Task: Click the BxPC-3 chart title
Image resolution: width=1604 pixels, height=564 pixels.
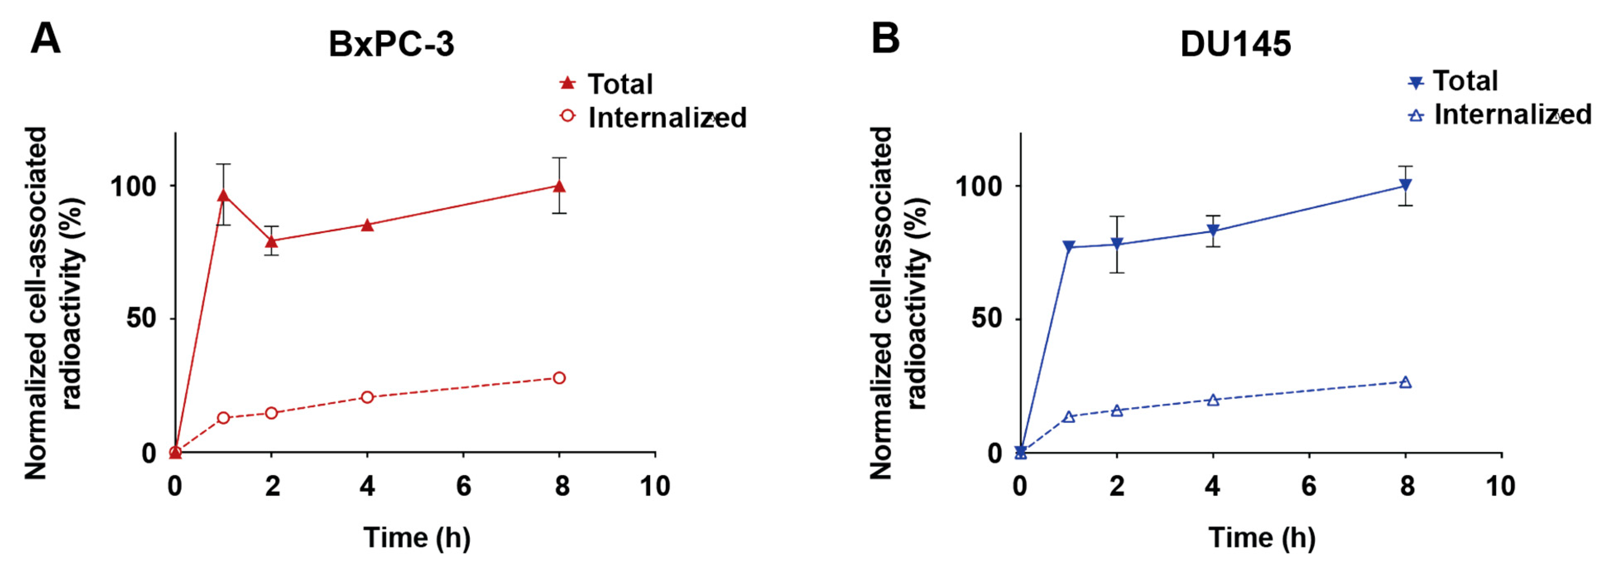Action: [x=391, y=44]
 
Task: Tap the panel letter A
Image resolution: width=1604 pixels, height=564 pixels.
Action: [x=46, y=38]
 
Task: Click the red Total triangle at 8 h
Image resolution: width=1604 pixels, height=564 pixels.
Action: [x=559, y=186]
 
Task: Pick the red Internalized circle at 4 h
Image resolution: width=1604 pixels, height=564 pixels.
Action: [x=367, y=397]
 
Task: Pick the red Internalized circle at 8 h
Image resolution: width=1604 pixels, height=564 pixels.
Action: [x=559, y=378]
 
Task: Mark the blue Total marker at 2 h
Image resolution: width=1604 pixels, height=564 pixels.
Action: [x=1117, y=244]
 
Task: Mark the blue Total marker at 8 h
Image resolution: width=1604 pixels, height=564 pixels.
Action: [x=1405, y=185]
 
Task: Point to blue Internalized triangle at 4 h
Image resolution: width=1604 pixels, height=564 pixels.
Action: [x=1213, y=400]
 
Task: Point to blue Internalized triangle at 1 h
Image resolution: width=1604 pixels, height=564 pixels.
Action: [x=1069, y=416]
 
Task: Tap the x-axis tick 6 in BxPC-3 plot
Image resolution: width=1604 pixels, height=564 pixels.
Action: [x=463, y=486]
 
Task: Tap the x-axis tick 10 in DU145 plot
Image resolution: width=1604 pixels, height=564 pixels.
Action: [x=1500, y=486]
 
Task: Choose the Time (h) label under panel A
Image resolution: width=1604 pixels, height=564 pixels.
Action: [x=417, y=537]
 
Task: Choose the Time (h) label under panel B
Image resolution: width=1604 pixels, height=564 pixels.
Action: [x=1261, y=537]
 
